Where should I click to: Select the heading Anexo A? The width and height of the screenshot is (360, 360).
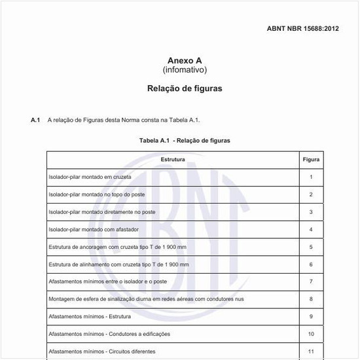185,60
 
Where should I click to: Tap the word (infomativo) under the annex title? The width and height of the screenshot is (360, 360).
185,69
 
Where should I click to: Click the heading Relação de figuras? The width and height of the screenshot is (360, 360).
185,88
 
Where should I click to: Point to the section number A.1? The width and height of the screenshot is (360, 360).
35,120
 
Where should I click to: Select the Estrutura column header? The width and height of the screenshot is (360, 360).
173,159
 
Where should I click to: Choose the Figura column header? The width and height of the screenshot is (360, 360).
311,159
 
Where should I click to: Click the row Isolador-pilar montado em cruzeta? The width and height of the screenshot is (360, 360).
90,177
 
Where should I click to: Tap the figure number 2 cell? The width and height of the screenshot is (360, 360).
311,194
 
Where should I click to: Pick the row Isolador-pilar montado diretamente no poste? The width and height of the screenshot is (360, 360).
102,212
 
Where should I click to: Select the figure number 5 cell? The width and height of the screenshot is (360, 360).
311,247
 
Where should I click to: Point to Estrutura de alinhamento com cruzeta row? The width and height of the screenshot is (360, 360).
118,264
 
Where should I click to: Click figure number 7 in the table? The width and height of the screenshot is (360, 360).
311,281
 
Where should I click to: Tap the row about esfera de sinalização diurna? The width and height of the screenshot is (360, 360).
147,299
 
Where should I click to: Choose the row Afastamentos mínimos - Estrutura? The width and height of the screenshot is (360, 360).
90,317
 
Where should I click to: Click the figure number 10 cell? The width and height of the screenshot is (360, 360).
311,334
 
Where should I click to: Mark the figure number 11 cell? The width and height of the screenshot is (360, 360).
311,351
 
